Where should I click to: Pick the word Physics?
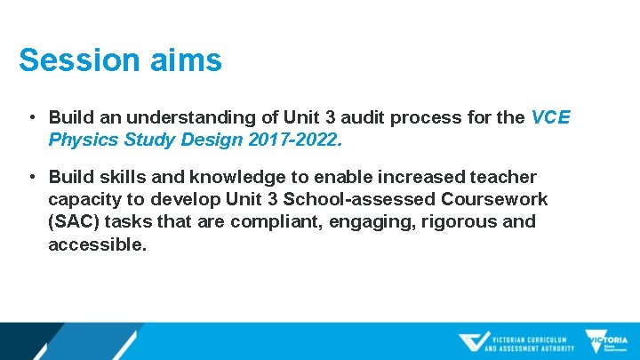[x=81, y=140]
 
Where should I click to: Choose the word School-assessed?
[x=376, y=200]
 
